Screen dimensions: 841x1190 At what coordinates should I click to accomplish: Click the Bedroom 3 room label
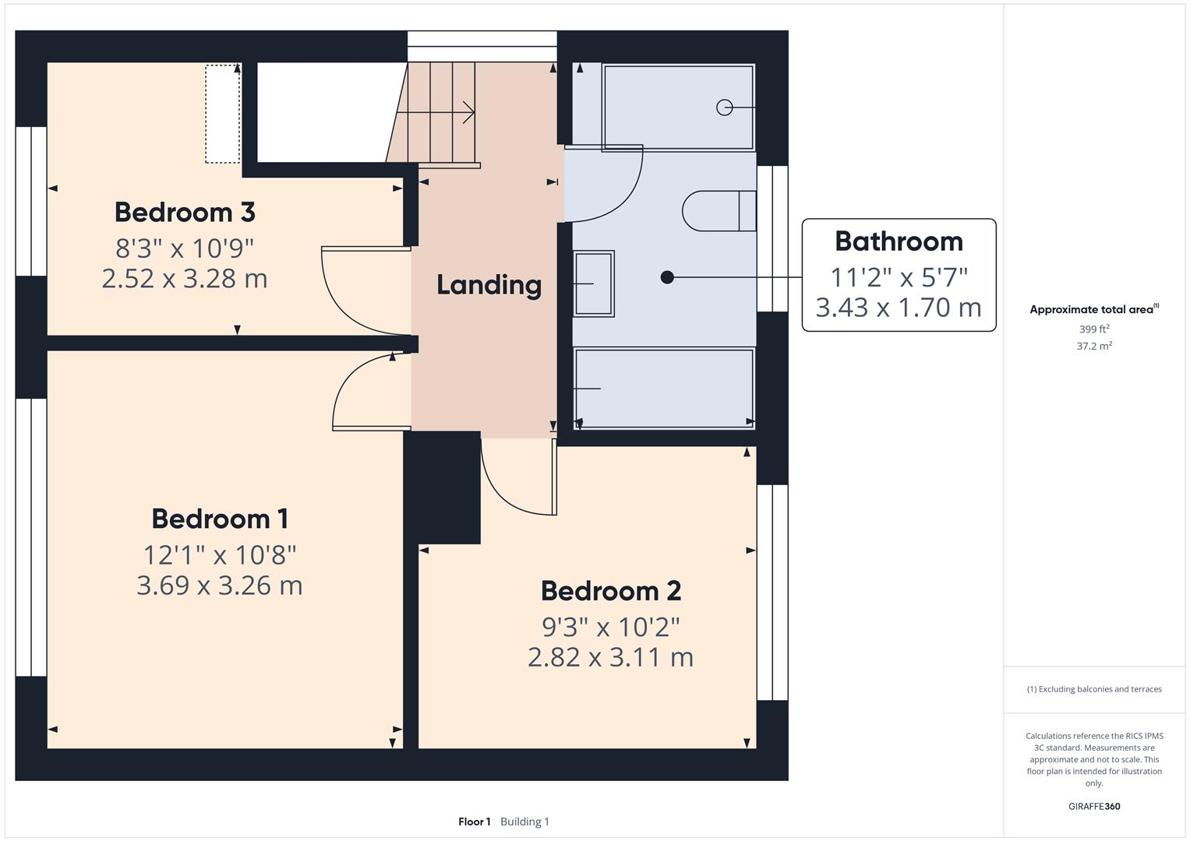click(x=185, y=212)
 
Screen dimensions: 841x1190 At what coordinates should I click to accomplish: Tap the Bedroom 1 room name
click(x=220, y=519)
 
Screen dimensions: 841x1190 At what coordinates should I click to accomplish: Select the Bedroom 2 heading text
click(x=611, y=591)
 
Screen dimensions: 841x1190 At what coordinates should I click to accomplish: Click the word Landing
click(x=489, y=285)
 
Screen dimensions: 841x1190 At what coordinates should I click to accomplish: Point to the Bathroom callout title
click(x=899, y=241)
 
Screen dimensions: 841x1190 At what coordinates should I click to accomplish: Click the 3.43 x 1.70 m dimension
click(x=899, y=308)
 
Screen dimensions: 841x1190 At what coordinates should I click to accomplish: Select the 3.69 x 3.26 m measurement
click(x=220, y=586)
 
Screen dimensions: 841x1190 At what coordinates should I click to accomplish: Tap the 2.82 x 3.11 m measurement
click(x=611, y=657)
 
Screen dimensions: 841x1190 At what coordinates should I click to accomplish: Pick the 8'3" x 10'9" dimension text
click(x=185, y=248)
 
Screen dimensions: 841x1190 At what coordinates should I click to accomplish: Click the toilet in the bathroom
click(x=717, y=210)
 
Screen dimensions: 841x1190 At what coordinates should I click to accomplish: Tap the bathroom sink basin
click(x=594, y=283)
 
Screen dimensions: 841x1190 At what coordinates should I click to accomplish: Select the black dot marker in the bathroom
click(x=667, y=276)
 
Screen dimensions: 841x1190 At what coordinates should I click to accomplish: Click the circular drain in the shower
click(x=724, y=107)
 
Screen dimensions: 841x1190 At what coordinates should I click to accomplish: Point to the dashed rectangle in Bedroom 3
click(x=222, y=114)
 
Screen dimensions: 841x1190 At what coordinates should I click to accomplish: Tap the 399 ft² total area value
click(x=1094, y=329)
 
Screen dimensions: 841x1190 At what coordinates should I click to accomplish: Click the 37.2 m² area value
click(x=1094, y=347)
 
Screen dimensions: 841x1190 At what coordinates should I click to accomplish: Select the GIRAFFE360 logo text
click(x=1094, y=806)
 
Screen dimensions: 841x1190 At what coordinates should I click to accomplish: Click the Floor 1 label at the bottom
click(x=474, y=822)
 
